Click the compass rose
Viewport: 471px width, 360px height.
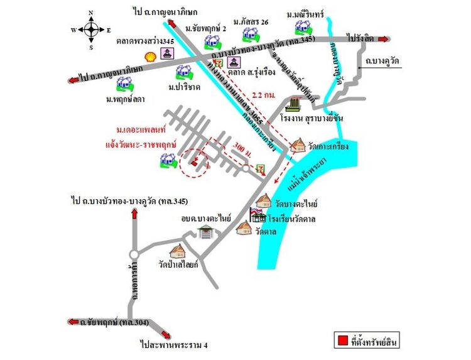[90, 30]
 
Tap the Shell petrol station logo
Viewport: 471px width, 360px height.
[151, 56]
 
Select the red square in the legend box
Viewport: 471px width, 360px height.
[342, 342]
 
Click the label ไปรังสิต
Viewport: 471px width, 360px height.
[359, 38]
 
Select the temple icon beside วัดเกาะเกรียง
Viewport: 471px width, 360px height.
[298, 146]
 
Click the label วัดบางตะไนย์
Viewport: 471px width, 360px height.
[296, 204]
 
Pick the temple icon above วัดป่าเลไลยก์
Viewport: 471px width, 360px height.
[178, 253]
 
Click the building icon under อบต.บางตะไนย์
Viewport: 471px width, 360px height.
[205, 232]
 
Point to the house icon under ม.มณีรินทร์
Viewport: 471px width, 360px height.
[304, 27]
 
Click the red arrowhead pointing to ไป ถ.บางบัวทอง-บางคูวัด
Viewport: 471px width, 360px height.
[134, 214]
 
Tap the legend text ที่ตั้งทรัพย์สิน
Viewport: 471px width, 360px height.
[374, 342]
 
